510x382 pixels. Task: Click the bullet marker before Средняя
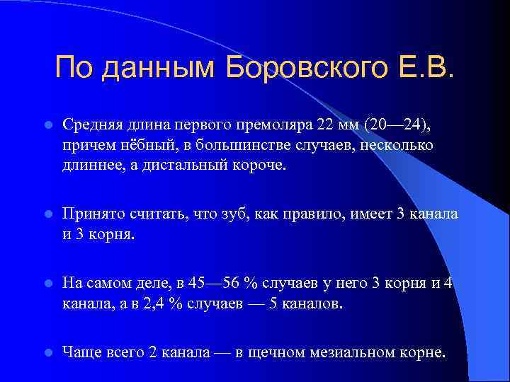point(46,125)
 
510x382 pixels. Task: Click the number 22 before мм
point(325,125)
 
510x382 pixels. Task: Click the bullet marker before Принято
point(46,214)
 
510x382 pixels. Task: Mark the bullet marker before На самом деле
point(46,284)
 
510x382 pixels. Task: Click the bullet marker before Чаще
point(46,353)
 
